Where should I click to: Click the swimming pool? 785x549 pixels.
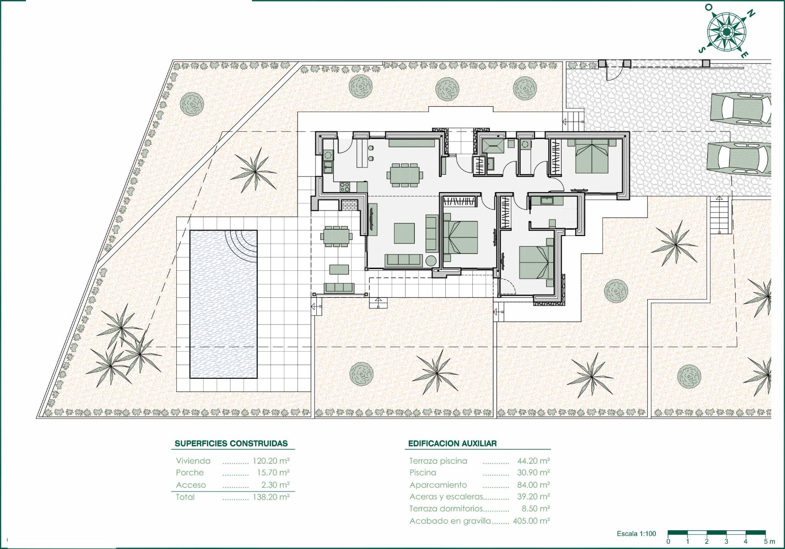point(223,304)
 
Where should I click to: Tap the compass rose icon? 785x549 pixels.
point(726,32)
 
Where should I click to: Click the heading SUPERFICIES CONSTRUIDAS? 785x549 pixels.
point(231,443)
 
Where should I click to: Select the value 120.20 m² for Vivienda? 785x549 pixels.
point(271,461)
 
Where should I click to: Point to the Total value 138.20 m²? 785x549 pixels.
point(271,497)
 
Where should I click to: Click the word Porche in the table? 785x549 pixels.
point(190,473)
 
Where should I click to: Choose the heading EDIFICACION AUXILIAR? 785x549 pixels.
point(452,443)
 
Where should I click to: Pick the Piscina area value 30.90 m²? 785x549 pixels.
point(533,473)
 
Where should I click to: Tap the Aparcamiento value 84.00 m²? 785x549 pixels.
point(533,484)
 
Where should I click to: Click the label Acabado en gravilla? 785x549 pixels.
point(450,521)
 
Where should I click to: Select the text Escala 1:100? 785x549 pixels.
point(636,533)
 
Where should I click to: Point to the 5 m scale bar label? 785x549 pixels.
point(769,542)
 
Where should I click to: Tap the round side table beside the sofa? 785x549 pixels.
point(431,261)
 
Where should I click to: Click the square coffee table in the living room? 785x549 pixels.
point(404,233)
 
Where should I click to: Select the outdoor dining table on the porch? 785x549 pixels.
point(336,236)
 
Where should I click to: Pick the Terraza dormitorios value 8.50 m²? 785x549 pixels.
point(536,508)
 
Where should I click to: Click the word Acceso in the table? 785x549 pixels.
point(191,485)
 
